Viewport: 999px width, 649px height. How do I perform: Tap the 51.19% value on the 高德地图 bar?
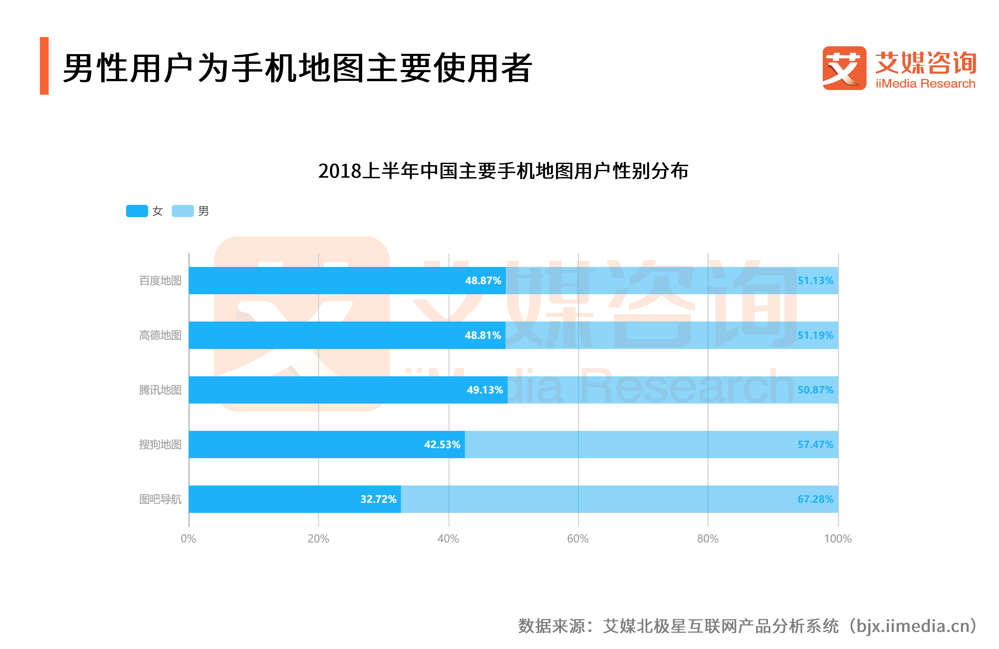point(815,335)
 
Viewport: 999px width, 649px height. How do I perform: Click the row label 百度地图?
point(160,281)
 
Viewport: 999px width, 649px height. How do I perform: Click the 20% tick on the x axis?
point(318,539)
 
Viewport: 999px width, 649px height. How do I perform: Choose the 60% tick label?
point(578,539)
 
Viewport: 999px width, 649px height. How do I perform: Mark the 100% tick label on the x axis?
point(838,539)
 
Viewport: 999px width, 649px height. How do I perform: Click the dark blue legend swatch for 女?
point(137,211)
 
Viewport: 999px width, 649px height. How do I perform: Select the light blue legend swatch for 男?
point(183,211)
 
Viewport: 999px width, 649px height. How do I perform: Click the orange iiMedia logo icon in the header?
point(844,68)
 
